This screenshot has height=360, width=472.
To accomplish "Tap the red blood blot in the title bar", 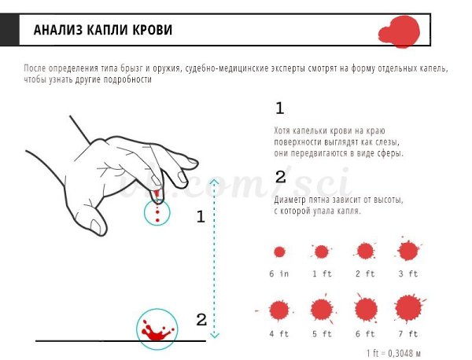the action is (x=400, y=32).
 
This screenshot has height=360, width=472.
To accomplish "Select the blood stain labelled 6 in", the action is (x=279, y=252).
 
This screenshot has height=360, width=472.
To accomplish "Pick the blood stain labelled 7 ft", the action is (x=409, y=308).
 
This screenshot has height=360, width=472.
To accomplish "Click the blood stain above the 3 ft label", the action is (x=408, y=251).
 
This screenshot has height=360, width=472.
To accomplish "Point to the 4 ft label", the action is (x=279, y=334).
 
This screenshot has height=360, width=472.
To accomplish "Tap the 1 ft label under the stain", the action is (x=322, y=274).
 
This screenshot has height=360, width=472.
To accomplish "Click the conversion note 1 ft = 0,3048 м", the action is (x=393, y=353).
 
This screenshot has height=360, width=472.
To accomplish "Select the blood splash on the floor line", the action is (x=157, y=331).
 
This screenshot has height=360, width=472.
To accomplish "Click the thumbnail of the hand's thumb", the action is (x=96, y=226).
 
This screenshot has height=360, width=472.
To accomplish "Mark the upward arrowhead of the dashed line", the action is (x=214, y=182).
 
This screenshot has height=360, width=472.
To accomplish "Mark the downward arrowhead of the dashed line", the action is (x=214, y=334).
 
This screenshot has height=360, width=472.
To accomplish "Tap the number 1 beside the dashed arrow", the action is (x=201, y=216).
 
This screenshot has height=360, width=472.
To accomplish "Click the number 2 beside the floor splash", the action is (x=201, y=320).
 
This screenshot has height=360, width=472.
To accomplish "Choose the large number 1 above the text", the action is (x=279, y=108).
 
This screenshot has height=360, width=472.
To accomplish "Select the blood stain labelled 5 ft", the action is (x=322, y=309).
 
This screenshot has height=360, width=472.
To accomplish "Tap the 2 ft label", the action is (x=365, y=274).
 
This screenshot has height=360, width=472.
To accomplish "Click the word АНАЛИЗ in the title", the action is (x=57, y=30).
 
